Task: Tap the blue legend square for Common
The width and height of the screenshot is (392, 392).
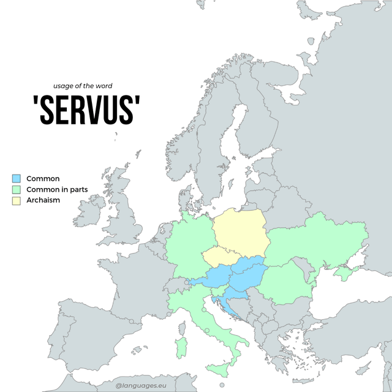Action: (x=17, y=178)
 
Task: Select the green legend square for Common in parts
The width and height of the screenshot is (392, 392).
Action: (x=17, y=189)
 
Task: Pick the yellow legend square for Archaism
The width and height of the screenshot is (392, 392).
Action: (x=17, y=200)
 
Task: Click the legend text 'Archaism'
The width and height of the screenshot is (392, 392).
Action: (x=43, y=200)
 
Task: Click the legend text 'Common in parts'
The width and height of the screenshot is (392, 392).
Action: (x=57, y=189)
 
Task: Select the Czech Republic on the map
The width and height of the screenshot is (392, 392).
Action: (x=220, y=257)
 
